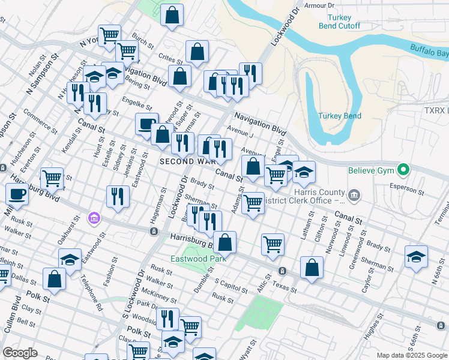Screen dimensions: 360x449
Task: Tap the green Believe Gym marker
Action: (405, 170)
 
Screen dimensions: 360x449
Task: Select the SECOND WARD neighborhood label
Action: (185, 161)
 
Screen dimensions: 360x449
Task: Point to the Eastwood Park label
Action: (198, 259)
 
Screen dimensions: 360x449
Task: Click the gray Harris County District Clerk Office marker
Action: (355, 194)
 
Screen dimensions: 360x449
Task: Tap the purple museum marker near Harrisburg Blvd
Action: (93, 217)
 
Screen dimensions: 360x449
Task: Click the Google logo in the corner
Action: (20, 353)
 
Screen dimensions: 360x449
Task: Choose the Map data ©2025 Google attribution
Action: (411, 355)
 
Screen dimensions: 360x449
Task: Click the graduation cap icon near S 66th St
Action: (416, 257)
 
